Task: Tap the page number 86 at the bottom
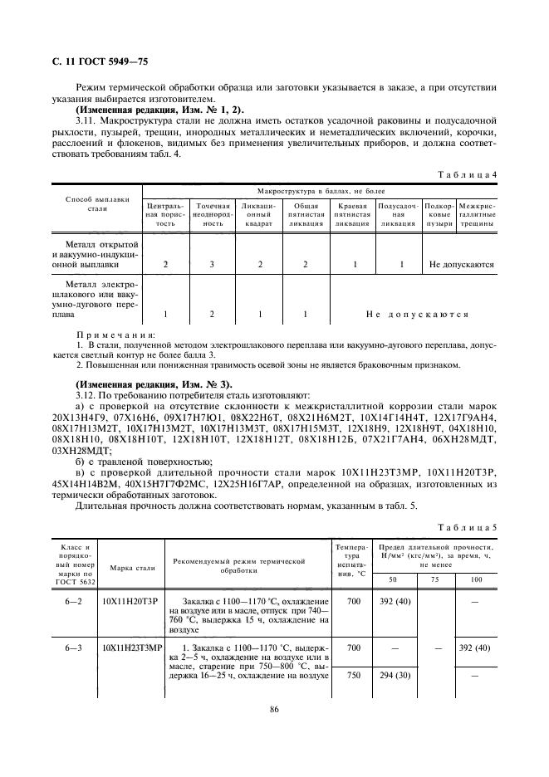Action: (x=273, y=708)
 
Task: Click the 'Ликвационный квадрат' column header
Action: (x=260, y=214)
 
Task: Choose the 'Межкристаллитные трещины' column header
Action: (x=477, y=214)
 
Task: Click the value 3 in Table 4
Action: (x=212, y=265)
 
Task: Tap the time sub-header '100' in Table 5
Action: (x=477, y=579)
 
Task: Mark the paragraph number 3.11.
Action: (x=86, y=122)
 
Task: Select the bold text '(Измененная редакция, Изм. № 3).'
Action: (x=148, y=384)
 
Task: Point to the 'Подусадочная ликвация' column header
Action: (x=399, y=214)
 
